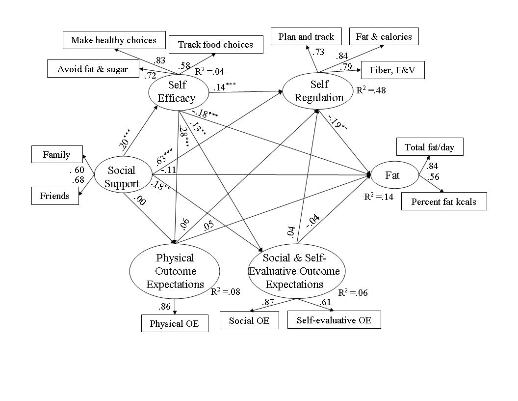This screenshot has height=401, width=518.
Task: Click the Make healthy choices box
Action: pos(113,40)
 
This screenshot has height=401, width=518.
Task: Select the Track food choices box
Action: pos(215,44)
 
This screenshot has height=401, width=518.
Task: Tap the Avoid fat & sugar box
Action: pos(92,69)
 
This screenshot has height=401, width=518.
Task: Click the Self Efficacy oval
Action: pos(176,91)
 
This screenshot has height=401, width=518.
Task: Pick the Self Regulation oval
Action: pos(319,91)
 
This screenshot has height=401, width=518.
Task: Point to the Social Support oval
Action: pos(123,177)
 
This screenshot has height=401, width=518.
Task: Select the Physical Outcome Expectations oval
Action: pos(175,271)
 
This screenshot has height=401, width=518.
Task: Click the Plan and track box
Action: pos(306,36)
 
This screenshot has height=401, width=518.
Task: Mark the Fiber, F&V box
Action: pos(392,70)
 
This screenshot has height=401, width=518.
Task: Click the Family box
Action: pos(57,155)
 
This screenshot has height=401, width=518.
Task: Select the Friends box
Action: pos(55,196)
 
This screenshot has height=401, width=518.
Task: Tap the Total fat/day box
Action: pos(429,147)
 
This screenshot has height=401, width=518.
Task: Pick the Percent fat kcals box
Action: pos(444,201)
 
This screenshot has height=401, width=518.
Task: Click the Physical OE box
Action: pos(175,323)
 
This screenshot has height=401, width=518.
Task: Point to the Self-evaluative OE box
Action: pos(334,320)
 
